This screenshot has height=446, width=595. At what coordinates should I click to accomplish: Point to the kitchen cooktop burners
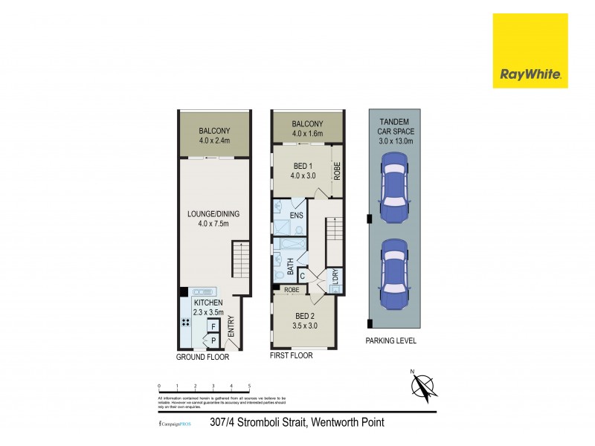pos(186,323)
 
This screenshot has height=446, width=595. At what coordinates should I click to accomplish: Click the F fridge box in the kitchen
pos(213,326)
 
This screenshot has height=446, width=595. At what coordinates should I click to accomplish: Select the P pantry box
pos(213,341)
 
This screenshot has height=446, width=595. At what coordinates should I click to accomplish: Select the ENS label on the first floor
pos(295,216)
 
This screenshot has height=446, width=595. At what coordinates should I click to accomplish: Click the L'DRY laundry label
pos(335,276)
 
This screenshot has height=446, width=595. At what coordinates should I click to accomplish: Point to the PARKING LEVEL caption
pos(390,341)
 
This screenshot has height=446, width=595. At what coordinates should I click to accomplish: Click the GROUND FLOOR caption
pos(202,358)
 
